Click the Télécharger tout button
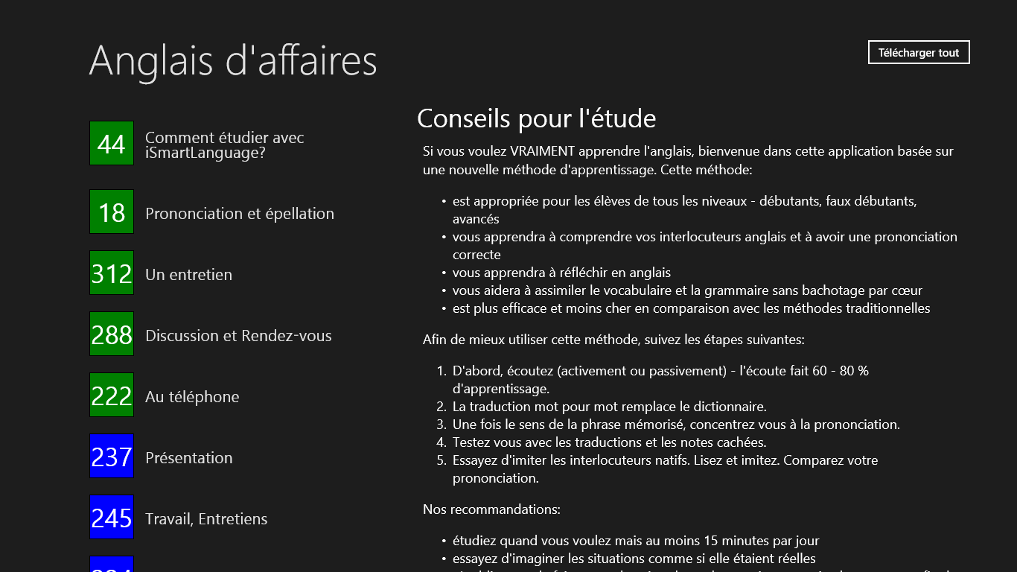tap(919, 52)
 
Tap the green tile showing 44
tap(112, 143)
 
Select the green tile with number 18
tap(112, 212)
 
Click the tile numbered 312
tap(112, 273)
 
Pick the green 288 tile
tap(112, 334)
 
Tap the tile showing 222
tap(112, 395)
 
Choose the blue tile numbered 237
tap(112, 456)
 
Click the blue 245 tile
tap(112, 517)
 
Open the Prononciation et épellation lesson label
tap(240, 214)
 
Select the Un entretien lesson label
tap(188, 275)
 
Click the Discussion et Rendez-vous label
tap(238, 336)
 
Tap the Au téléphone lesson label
tap(192, 397)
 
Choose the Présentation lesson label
tap(188, 458)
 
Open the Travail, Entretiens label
tap(206, 519)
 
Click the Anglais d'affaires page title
tap(233, 60)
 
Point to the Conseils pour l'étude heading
tap(536, 118)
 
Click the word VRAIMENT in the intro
tap(542, 151)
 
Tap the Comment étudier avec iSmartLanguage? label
tap(224, 145)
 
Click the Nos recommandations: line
tap(491, 509)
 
